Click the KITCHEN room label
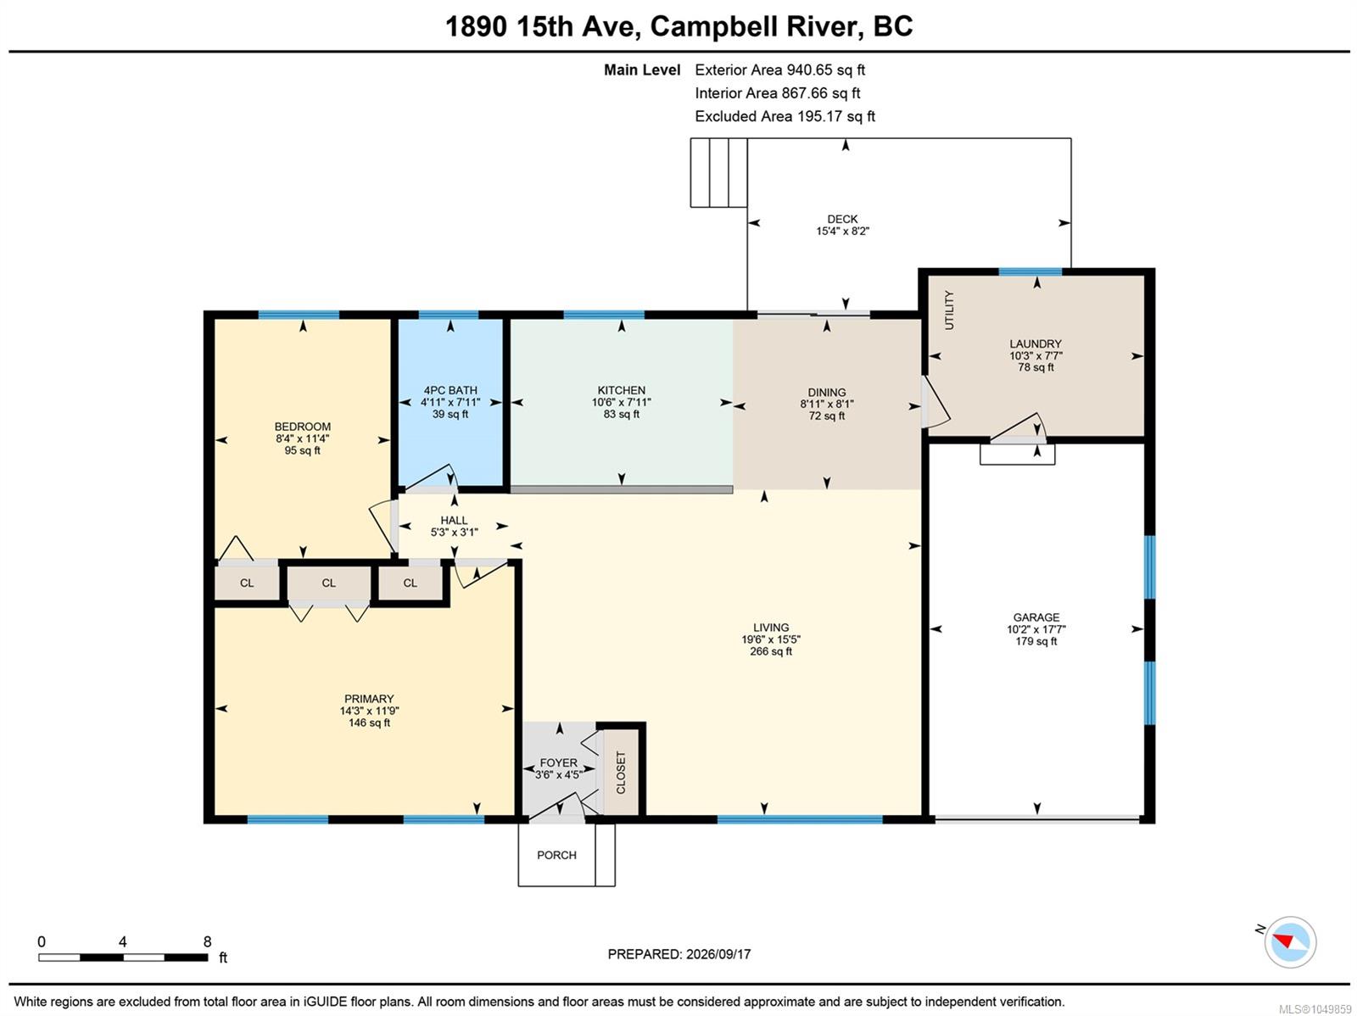pyautogui.click(x=621, y=390)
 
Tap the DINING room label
pyautogui.click(x=826, y=393)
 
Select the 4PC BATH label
pyautogui.click(x=450, y=390)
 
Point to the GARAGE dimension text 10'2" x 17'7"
pyautogui.click(x=1036, y=629)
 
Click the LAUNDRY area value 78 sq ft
pyautogui.click(x=1036, y=367)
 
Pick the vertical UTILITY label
pyautogui.click(x=949, y=310)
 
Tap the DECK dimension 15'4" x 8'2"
pyautogui.click(x=842, y=232)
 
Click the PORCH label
pyautogui.click(x=556, y=855)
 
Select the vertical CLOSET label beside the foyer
pyautogui.click(x=621, y=772)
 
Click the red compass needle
pyautogui.click(x=1283, y=941)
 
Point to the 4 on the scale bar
pyautogui.click(x=122, y=941)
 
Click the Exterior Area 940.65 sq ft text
pyautogui.click(x=779, y=70)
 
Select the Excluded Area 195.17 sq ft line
pyautogui.click(x=785, y=116)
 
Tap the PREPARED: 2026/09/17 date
pyautogui.click(x=678, y=953)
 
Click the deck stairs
pyautogui.click(x=718, y=172)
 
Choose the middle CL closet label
pyautogui.click(x=328, y=583)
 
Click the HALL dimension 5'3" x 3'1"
pyautogui.click(x=454, y=532)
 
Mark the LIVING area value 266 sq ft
pyautogui.click(x=770, y=650)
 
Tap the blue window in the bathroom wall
pyautogui.click(x=448, y=315)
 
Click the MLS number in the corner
pyautogui.click(x=1315, y=1009)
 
